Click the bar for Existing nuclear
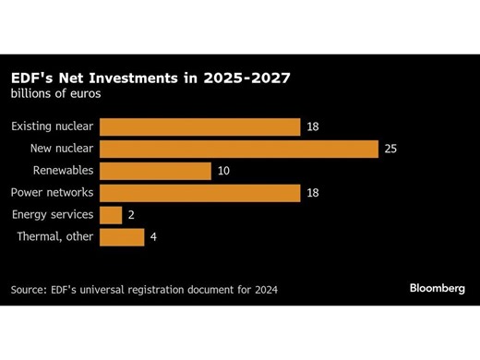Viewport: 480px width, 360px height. (199, 127)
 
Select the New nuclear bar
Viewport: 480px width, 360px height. (238, 150)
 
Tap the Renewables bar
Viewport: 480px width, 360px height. (155, 171)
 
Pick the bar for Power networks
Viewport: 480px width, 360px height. (199, 193)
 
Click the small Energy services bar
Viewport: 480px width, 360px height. (110, 215)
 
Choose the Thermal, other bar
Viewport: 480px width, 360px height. (121, 237)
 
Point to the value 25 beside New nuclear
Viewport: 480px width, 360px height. (390, 150)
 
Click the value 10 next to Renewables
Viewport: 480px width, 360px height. (224, 171)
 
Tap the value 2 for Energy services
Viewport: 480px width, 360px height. (131, 215)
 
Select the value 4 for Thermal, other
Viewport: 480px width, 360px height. (154, 237)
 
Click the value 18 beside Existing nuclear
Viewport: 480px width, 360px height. (313, 127)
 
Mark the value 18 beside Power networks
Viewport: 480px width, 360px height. (313, 193)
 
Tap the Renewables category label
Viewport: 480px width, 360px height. (63, 171)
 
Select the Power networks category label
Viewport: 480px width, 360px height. (52, 193)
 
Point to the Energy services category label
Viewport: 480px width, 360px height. (53, 215)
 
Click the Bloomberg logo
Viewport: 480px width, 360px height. (438, 289)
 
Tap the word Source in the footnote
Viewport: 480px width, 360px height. (30, 290)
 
